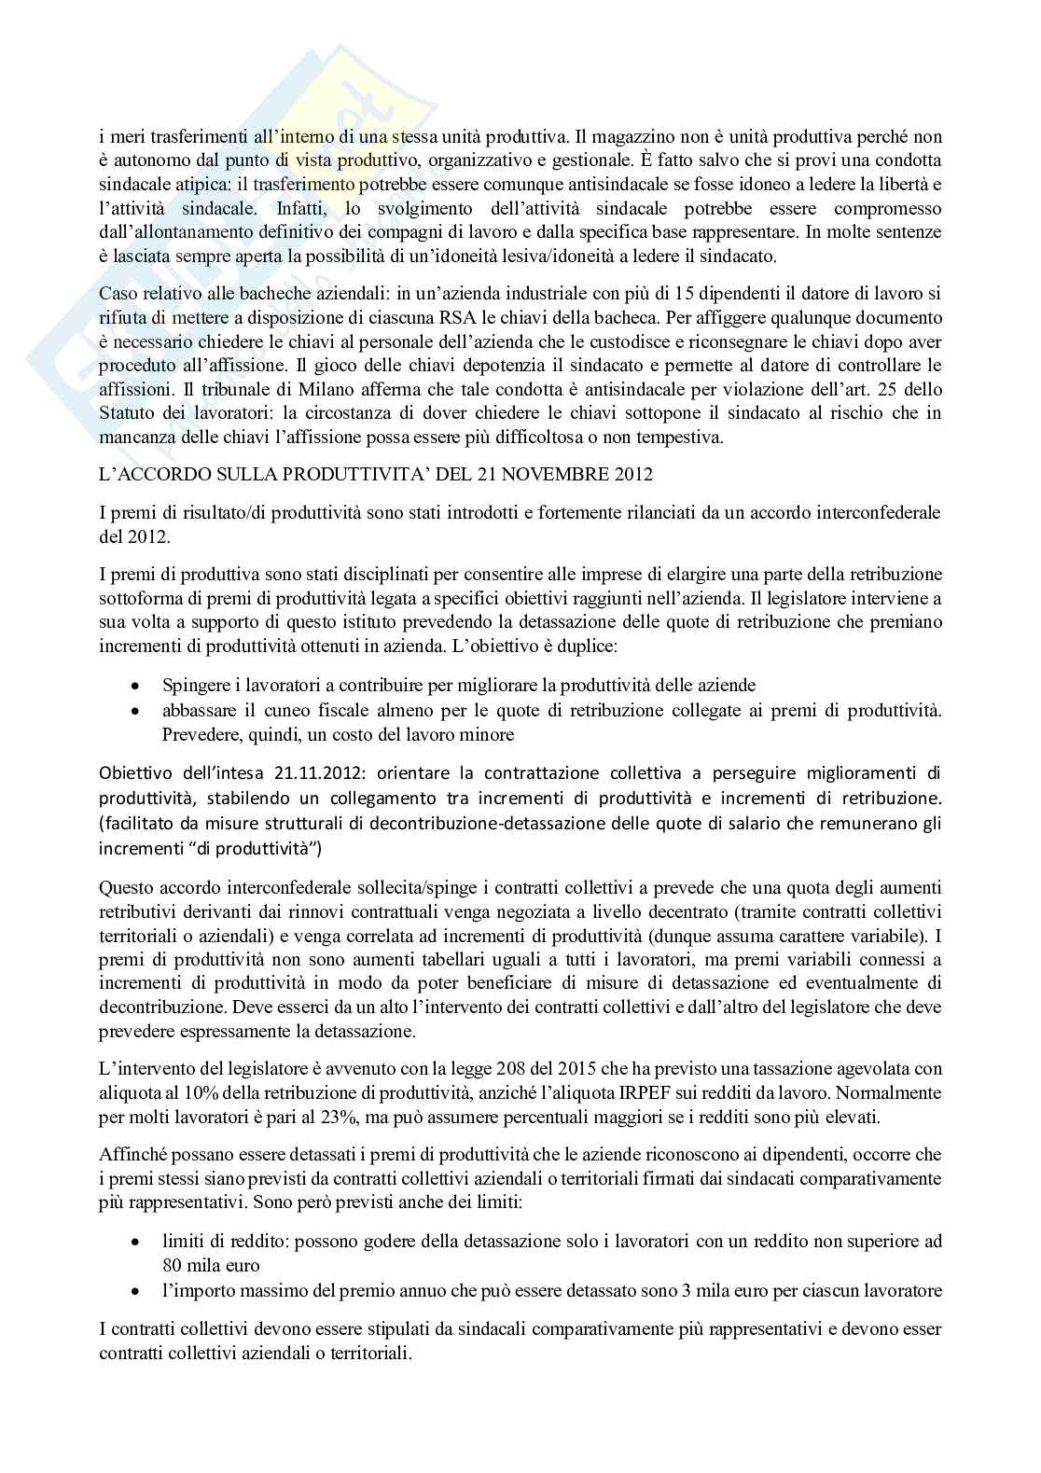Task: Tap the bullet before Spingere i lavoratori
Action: coord(137,686)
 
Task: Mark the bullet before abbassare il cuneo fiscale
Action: coord(137,711)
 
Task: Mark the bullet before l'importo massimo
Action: coord(137,1291)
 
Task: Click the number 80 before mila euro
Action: coord(172,1266)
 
